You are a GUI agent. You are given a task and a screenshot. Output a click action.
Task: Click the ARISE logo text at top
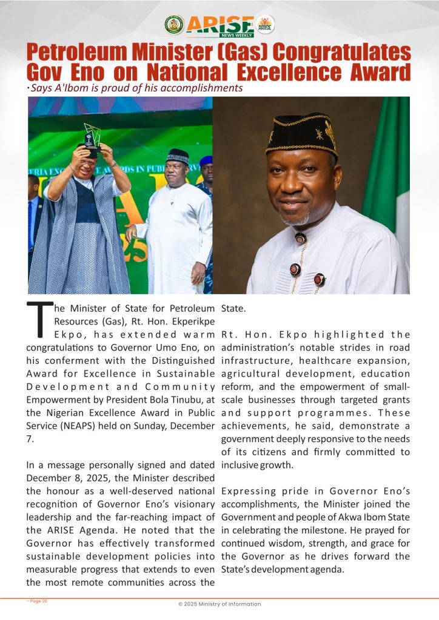pyautogui.click(x=220, y=25)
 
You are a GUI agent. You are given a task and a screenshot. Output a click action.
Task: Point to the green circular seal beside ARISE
pyautogui.click(x=174, y=25)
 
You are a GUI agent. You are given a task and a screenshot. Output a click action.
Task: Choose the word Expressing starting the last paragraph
pyautogui.click(x=249, y=490)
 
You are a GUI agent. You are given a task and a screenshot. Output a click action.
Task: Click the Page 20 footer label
pyautogui.click(x=38, y=601)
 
